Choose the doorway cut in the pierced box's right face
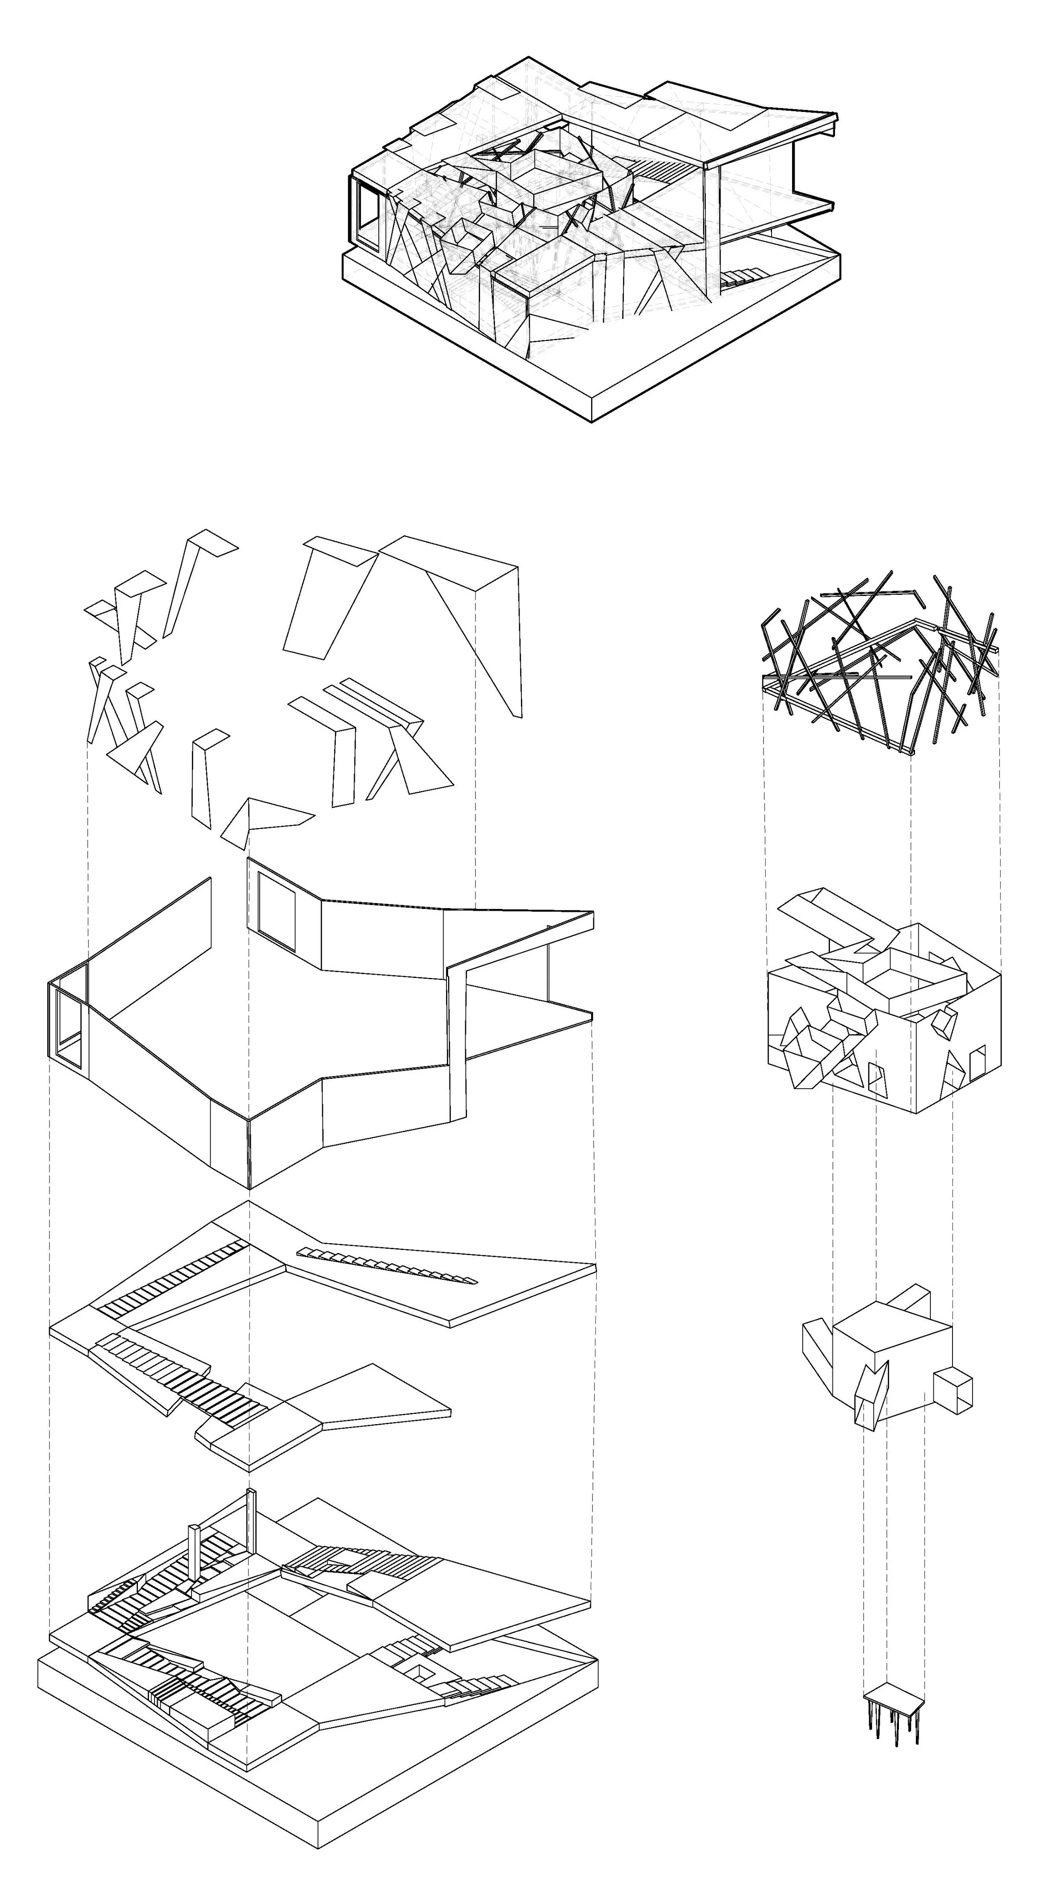977,1065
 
